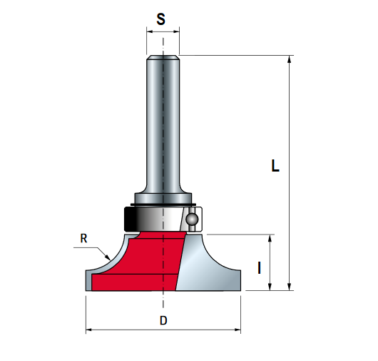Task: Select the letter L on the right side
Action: tap(275, 167)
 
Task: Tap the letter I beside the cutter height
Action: tap(259, 268)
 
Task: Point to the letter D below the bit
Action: tap(163, 321)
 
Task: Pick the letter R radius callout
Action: tap(83, 239)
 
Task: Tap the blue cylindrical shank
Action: tap(163, 122)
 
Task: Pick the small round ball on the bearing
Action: tap(191, 220)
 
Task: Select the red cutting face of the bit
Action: tap(143, 264)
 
